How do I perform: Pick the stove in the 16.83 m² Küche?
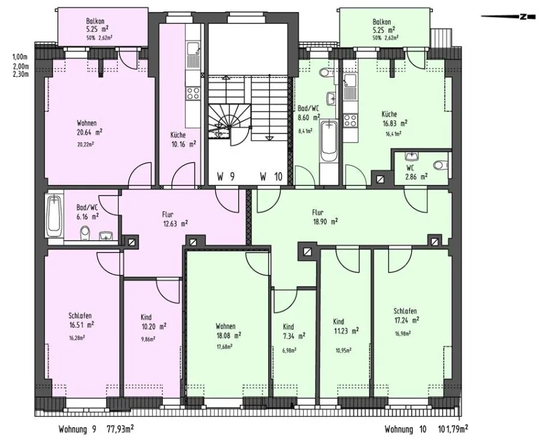click(350, 121)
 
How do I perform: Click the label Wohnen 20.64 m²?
click(90, 127)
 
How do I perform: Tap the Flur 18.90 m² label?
click(325, 217)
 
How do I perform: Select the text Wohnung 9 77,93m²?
click(96, 430)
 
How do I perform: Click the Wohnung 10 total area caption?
click(426, 430)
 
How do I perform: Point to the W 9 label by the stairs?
click(226, 177)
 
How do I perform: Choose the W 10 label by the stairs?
click(271, 177)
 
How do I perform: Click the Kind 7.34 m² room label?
click(294, 332)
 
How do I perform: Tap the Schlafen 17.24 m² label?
click(407, 316)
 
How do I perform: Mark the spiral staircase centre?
click(229, 127)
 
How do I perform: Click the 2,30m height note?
click(20, 74)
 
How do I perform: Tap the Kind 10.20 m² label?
click(153, 322)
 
